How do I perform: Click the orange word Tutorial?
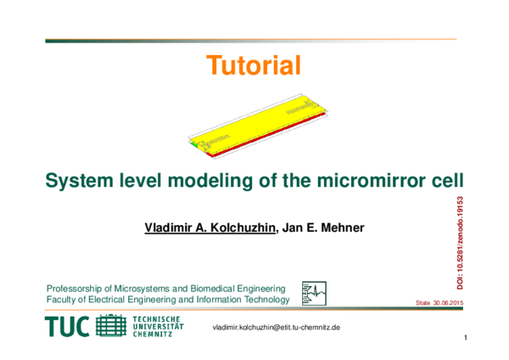[254, 65]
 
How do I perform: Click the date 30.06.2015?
[448, 302]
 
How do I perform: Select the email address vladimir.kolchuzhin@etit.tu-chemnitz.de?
[276, 328]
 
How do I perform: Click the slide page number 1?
[467, 340]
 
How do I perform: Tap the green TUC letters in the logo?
[68, 327]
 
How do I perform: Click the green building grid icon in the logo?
[111, 326]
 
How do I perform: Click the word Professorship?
[73, 288]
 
